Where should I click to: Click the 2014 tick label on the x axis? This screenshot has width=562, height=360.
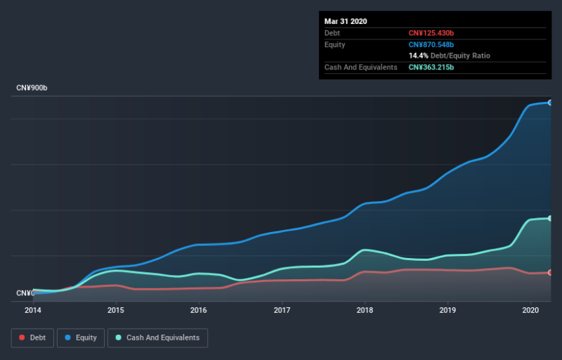click(x=33, y=310)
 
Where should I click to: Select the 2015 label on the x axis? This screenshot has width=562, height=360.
click(x=116, y=310)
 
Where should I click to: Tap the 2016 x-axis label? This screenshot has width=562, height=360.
click(x=199, y=310)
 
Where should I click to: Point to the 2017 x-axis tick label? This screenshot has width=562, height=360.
click(x=282, y=310)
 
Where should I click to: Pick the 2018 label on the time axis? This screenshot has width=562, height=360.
click(x=365, y=310)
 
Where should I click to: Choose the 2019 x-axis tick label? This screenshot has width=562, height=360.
click(x=447, y=310)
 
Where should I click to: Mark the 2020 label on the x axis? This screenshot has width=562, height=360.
click(x=530, y=310)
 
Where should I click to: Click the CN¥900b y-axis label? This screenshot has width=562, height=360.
click(x=32, y=88)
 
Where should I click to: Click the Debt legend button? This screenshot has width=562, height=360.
click(x=32, y=337)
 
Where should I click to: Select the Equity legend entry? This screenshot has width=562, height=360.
click(x=81, y=337)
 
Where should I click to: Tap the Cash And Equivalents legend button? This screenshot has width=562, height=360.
click(x=157, y=337)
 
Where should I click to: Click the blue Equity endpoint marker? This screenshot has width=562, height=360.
click(x=550, y=103)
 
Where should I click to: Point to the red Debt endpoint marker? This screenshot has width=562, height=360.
click(x=550, y=273)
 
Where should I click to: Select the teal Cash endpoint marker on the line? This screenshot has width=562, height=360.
click(x=550, y=218)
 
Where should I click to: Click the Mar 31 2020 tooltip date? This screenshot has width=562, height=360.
click(x=346, y=22)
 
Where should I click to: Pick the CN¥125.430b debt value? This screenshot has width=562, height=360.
click(x=431, y=33)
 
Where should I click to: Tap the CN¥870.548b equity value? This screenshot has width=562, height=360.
click(x=431, y=44)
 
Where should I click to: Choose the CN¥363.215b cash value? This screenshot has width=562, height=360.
click(x=431, y=67)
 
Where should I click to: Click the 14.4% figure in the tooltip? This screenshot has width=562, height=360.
click(x=418, y=56)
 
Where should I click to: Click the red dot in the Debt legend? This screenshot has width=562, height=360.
click(x=22, y=337)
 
